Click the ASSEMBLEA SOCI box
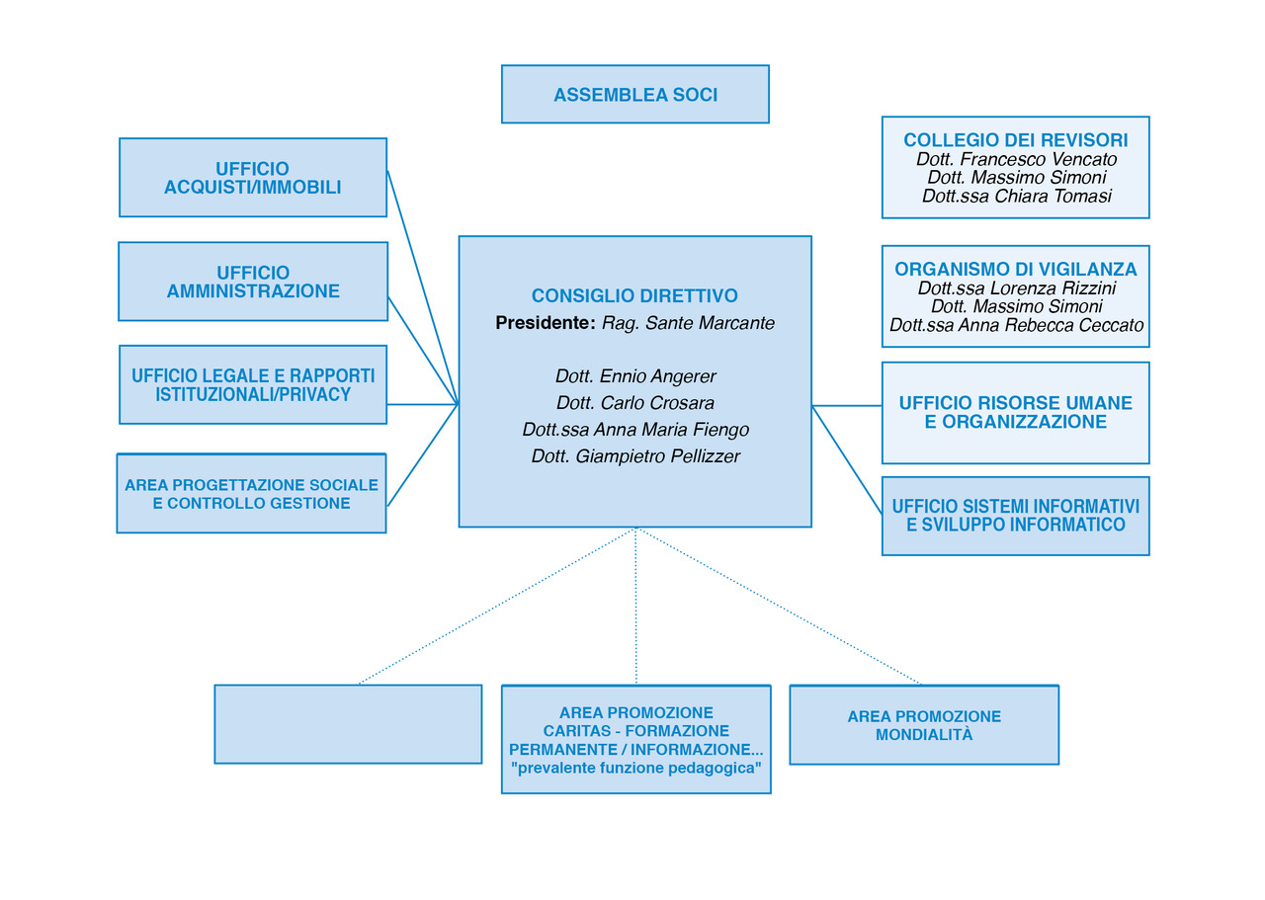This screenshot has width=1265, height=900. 635,94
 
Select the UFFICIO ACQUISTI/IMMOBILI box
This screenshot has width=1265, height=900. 253,177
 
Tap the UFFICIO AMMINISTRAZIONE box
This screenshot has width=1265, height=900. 253,282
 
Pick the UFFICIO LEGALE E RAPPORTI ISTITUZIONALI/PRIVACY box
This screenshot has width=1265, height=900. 253,384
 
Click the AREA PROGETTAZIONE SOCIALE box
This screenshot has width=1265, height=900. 251,494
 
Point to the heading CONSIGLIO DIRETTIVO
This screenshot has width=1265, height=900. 634,295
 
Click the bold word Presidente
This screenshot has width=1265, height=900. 543,323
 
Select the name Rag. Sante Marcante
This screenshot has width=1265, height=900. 688,323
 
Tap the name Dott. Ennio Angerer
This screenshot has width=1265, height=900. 635,376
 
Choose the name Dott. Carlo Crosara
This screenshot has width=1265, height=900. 635,402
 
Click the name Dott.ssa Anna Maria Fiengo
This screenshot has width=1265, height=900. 635,429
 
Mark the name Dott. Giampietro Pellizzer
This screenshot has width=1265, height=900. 635,455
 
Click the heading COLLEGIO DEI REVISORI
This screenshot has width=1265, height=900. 1015,140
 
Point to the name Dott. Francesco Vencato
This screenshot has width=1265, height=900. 1016,159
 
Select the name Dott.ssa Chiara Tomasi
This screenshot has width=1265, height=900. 1017,196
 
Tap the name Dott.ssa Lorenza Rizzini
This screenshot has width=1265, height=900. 1017,287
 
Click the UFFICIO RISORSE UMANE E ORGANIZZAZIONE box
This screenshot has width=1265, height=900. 1015,413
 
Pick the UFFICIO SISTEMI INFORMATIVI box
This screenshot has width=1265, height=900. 1015,516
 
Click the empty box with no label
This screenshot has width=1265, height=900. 348,724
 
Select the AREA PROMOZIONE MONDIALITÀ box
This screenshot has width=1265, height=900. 924,725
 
